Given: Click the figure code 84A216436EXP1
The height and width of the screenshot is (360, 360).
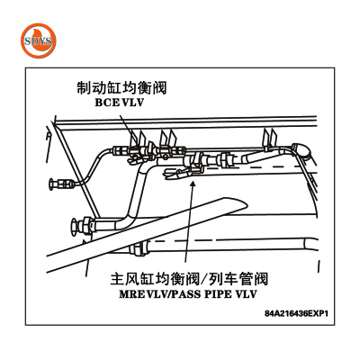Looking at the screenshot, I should click(297, 314).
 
